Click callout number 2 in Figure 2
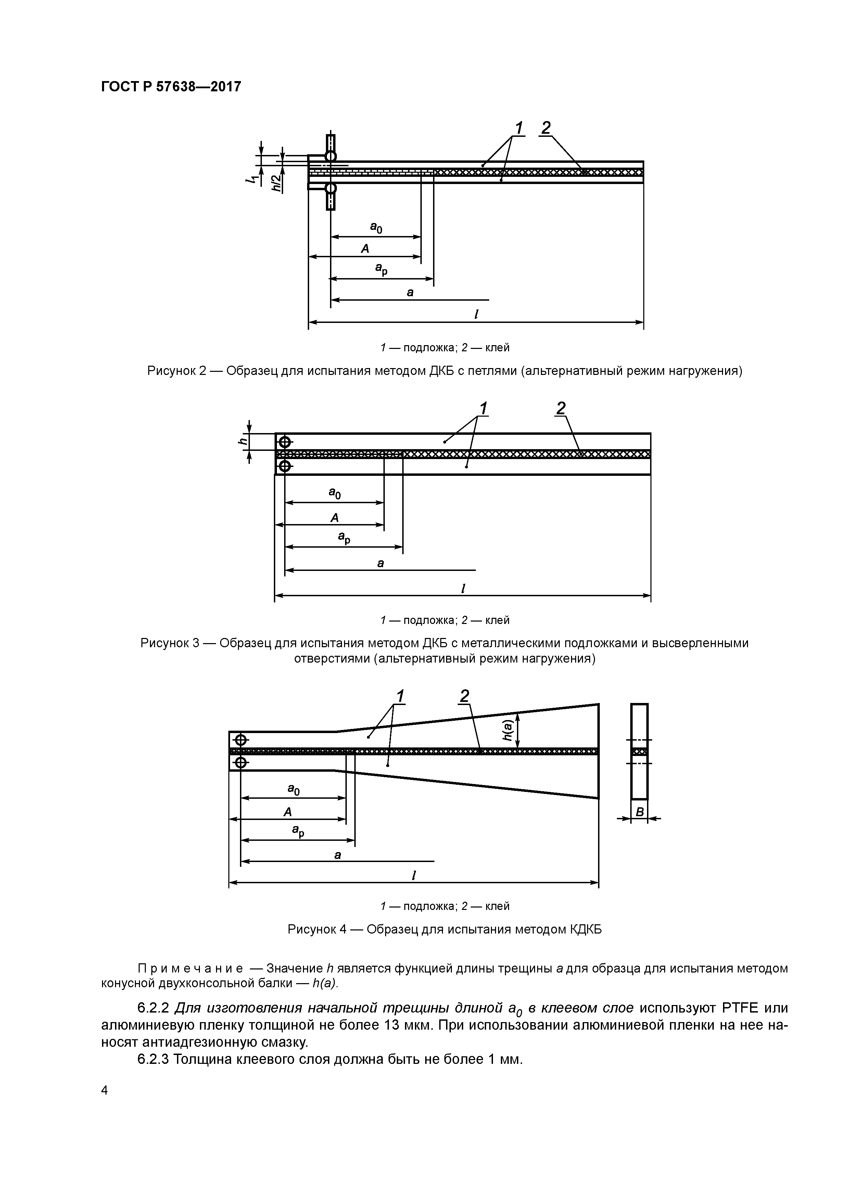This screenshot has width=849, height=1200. pos(546,128)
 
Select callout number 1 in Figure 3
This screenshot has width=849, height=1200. pos(483,408)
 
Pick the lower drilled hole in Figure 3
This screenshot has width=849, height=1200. pos(284,465)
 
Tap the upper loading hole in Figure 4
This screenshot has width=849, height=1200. pos(241,740)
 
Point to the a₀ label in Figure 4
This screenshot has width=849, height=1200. pos(293,790)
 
